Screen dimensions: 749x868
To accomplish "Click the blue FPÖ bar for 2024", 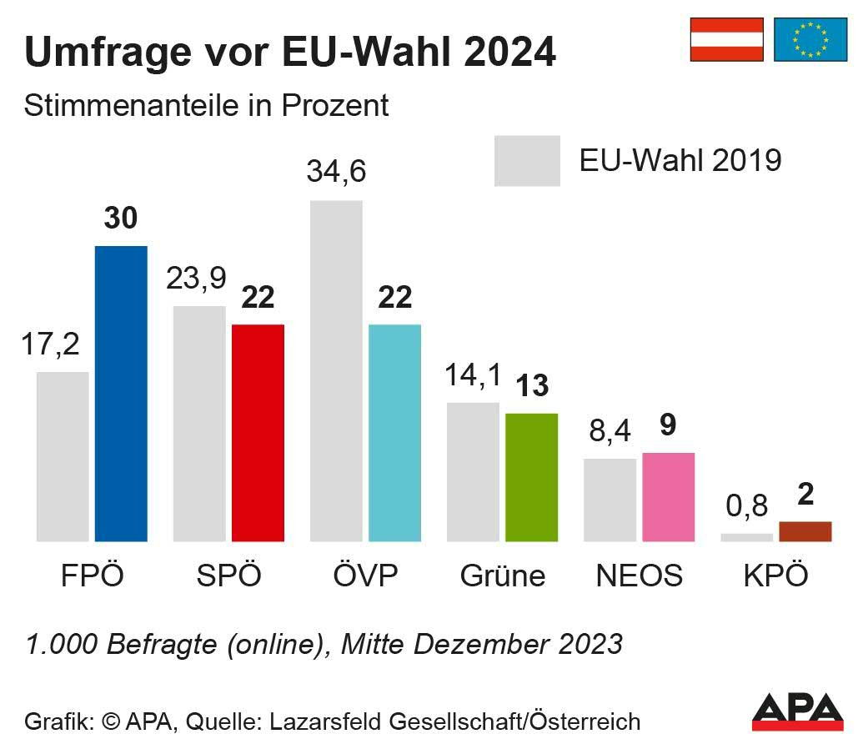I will pyautogui.click(x=121, y=394).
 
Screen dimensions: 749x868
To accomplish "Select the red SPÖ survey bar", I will pyautogui.click(x=258, y=433).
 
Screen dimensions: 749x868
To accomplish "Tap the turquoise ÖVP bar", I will pyautogui.click(x=394, y=433).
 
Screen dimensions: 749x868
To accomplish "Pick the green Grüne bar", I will pyautogui.click(x=531, y=477).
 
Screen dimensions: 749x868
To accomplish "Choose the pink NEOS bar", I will pyautogui.click(x=668, y=497).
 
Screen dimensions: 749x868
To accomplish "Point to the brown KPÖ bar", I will pyautogui.click(x=805, y=531).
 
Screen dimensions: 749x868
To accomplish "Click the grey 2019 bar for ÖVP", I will pyautogui.click(x=336, y=371).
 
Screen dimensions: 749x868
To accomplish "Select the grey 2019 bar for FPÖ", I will pyautogui.click(x=63, y=456).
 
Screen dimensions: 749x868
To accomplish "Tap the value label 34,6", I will pyautogui.click(x=336, y=171).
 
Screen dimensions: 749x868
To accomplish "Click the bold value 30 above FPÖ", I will pyautogui.click(x=121, y=219).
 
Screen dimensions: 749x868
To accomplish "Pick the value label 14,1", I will pyautogui.click(x=473, y=375).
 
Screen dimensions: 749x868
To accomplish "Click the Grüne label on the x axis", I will pyautogui.click(x=503, y=576).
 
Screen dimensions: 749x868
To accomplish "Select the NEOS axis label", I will pyautogui.click(x=640, y=576).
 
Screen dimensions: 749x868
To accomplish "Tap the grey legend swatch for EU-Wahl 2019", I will pyautogui.click(x=527, y=160).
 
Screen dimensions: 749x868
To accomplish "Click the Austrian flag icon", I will pyautogui.click(x=726, y=39).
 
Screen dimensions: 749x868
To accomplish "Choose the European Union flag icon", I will pyautogui.click(x=810, y=39).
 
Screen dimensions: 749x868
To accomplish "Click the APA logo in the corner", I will pyautogui.click(x=797, y=710).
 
